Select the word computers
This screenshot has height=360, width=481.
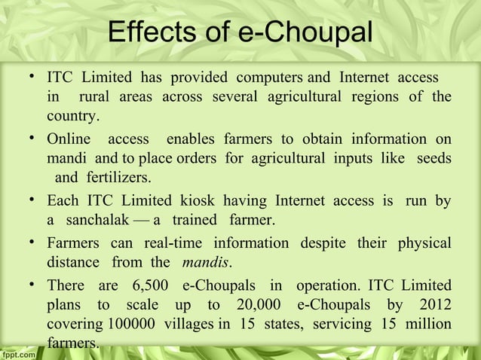(270, 78)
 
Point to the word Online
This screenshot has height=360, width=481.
(69, 139)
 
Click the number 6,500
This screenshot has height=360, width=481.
(151, 285)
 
